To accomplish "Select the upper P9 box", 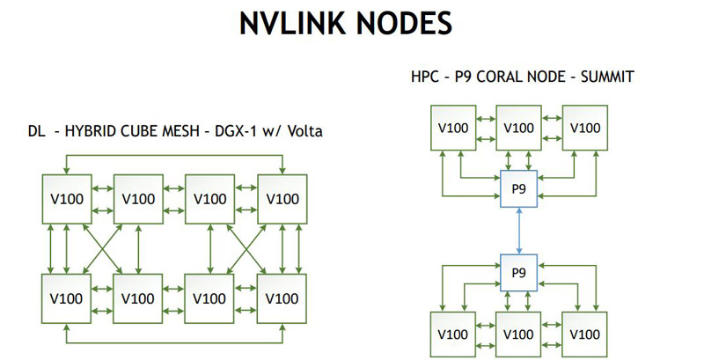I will tap(517, 187).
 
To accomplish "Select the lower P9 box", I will tap(517, 274).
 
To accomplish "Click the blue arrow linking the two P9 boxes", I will tap(517, 231).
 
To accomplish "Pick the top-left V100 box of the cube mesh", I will tap(67, 198).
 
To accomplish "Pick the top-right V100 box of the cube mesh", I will tap(282, 198).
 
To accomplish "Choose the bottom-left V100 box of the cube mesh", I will tap(67, 298).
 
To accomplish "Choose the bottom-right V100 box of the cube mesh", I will tap(282, 298).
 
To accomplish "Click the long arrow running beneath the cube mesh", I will tap(174, 340).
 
